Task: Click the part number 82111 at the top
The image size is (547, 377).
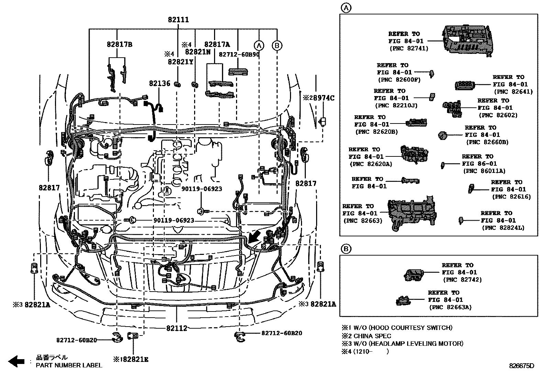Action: pyautogui.click(x=178, y=20)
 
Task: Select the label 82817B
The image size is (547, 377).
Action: pyautogui.click(x=119, y=44)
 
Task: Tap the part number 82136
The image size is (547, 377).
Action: pyautogui.click(x=159, y=83)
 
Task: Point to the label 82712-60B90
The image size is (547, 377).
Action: pyautogui.click(x=239, y=54)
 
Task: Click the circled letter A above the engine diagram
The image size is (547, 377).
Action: pyautogui.click(x=259, y=45)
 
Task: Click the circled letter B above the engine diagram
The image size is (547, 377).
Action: pyautogui.click(x=277, y=45)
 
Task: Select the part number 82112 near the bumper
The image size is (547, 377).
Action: pyautogui.click(x=177, y=328)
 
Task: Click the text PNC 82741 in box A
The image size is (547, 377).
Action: pyautogui.click(x=409, y=48)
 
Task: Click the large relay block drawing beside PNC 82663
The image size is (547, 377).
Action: pyautogui.click(x=412, y=215)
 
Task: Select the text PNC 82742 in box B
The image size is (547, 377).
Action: pyautogui.click(x=462, y=280)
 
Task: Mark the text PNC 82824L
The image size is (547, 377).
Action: pyautogui.click(x=503, y=227)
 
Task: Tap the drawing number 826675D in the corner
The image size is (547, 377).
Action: pyautogui.click(x=522, y=366)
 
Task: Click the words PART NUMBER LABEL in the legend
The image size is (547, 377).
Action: pyautogui.click(x=69, y=365)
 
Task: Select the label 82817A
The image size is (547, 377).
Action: pyautogui.click(x=217, y=44)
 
